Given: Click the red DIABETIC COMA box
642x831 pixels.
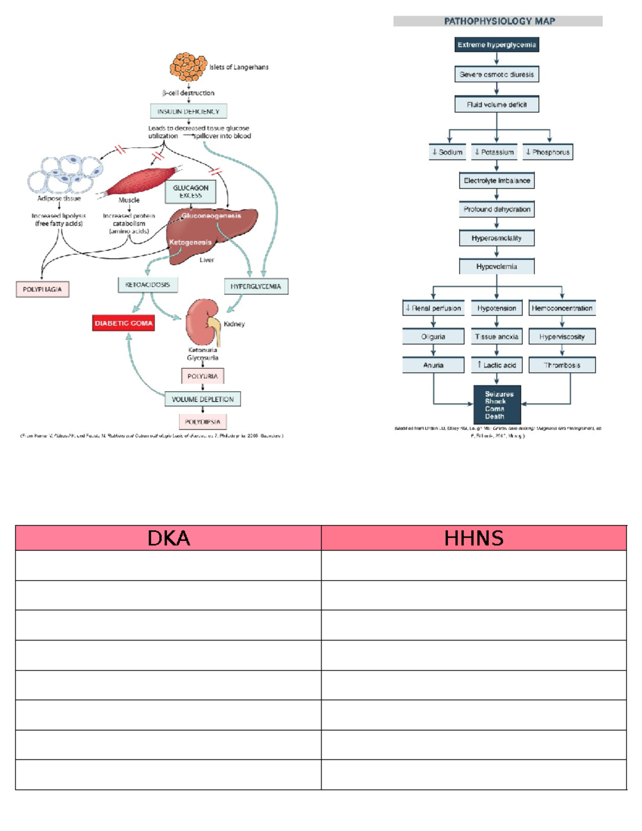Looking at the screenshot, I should (124, 323).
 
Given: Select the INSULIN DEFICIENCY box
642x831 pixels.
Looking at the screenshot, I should (188, 111).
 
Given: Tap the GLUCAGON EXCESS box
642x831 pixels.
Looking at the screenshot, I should (190, 192).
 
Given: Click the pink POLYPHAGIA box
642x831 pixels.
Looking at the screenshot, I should (42, 289).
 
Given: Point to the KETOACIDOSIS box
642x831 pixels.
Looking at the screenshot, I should (148, 285).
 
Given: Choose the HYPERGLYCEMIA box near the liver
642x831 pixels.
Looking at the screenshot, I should (256, 286).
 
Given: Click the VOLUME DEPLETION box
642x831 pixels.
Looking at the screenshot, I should (203, 399).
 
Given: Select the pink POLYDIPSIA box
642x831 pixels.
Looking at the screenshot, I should (203, 422).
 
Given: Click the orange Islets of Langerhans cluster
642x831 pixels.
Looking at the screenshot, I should (188, 66).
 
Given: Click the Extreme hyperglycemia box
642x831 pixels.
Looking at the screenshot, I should (496, 45).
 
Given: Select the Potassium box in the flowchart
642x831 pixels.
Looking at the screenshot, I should (494, 152).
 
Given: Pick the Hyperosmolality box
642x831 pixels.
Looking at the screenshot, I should (496, 238).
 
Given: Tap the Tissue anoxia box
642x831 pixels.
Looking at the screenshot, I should (496, 337).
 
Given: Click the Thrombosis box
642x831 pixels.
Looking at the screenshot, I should (562, 365).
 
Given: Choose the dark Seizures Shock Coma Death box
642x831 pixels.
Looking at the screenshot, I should (497, 405).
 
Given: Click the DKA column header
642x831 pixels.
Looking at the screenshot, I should (169, 538).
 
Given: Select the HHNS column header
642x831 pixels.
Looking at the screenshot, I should (474, 538).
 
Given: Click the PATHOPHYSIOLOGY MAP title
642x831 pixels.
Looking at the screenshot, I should (499, 21).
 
